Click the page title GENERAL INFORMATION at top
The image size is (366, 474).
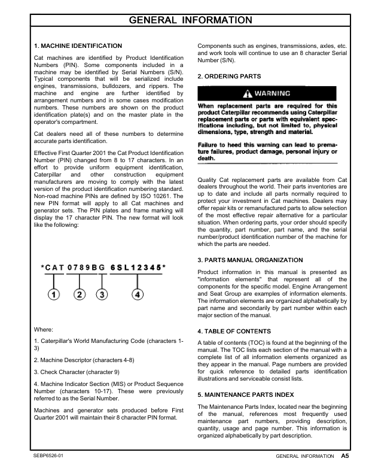click(183, 21)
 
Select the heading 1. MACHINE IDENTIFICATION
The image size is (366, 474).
click(78, 45)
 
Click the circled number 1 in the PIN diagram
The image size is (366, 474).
click(54, 294)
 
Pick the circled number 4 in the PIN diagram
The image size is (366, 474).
click(138, 294)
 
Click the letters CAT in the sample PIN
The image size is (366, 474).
click(53, 266)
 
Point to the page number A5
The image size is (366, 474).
click(345, 456)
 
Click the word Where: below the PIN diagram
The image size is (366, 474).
click(44, 329)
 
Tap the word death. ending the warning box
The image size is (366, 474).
click(207, 158)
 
